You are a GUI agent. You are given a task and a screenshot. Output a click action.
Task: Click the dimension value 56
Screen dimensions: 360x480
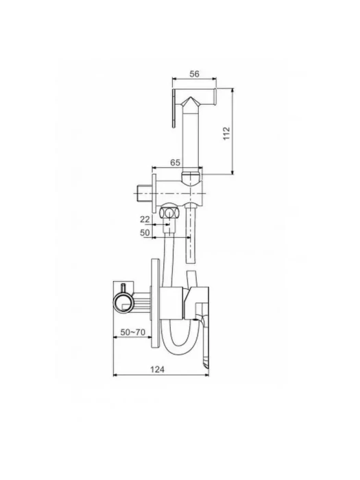(194, 74)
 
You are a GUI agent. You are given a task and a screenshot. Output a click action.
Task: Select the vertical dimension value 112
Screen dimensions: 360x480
(226, 134)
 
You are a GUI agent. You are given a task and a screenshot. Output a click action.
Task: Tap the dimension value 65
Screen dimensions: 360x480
(175, 163)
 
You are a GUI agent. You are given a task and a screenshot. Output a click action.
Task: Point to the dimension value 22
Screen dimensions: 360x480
(145, 219)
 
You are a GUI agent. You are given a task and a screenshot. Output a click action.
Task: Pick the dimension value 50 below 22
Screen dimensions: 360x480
(145, 232)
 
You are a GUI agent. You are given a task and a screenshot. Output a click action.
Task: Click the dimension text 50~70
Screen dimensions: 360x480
(132, 332)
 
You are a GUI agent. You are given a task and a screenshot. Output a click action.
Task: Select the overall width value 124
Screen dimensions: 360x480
(157, 370)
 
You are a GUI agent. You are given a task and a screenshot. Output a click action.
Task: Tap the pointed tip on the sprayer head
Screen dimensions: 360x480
(191, 97)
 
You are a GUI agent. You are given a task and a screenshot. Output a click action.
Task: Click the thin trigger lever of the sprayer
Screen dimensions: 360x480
(174, 108)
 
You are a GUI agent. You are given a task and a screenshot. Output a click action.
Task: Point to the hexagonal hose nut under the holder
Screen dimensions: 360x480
(169, 213)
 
